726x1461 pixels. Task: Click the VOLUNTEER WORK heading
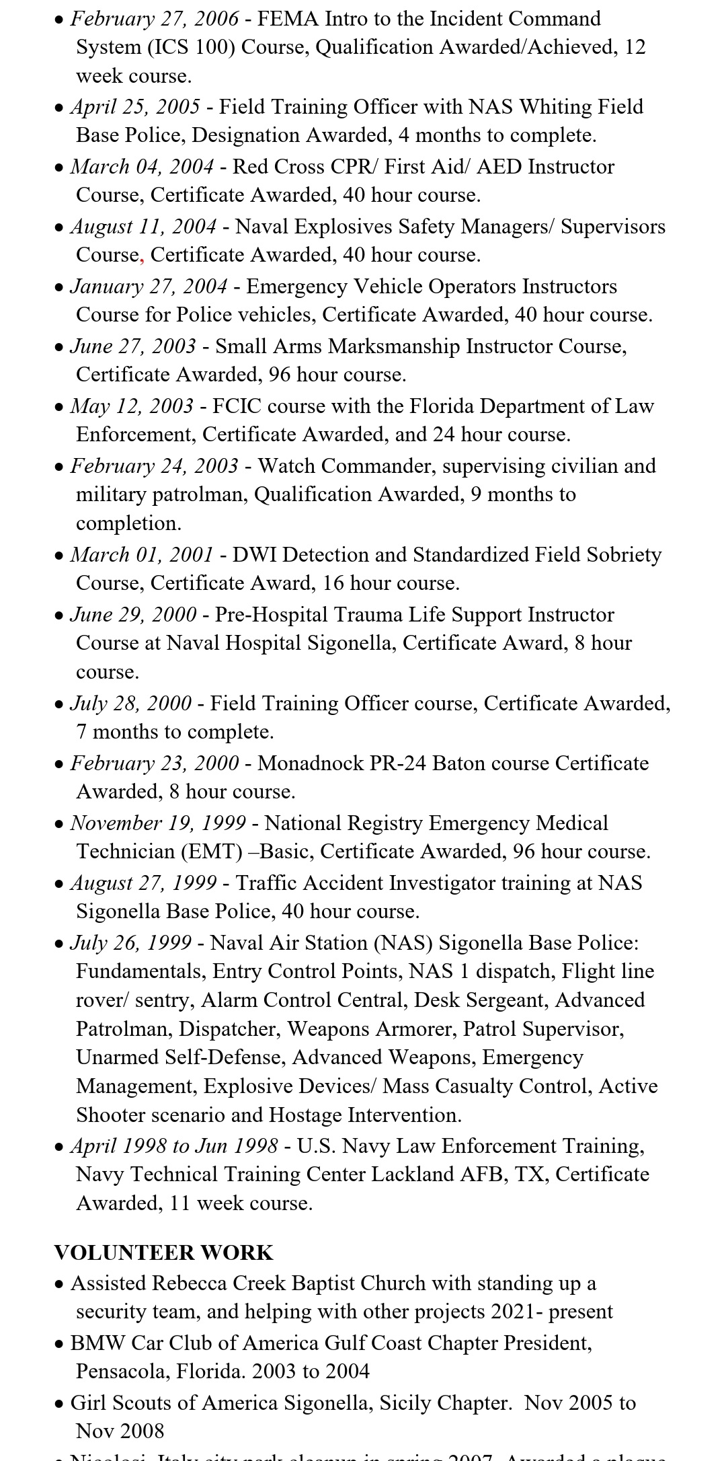point(163,1252)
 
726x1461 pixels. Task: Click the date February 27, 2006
point(154,18)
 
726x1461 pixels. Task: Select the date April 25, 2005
point(135,106)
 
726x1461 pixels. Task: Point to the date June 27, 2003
point(133,346)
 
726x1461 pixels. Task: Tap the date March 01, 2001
point(142,554)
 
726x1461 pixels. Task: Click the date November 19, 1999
point(158,823)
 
